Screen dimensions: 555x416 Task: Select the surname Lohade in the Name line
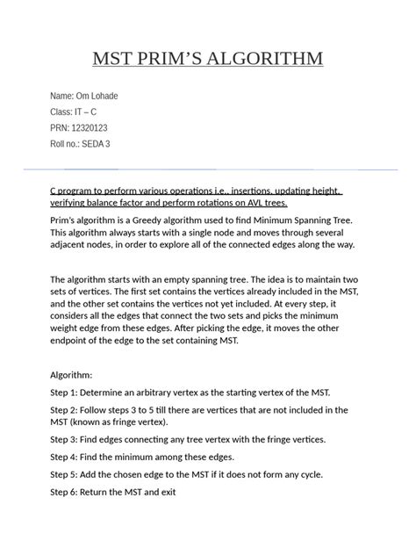pyautogui.click(x=102, y=96)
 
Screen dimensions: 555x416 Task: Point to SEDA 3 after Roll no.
pyautogui.click(x=96, y=143)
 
